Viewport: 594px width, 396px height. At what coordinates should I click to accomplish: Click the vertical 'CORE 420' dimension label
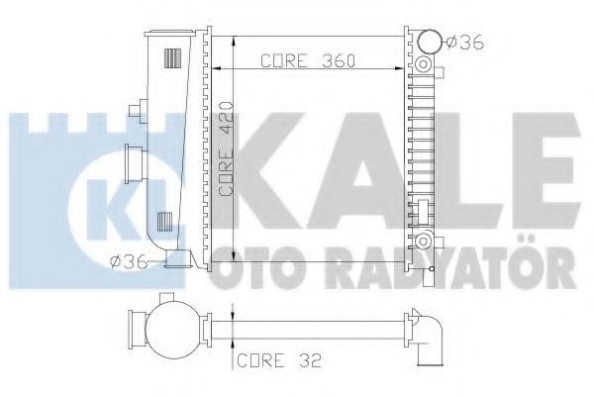click(x=226, y=158)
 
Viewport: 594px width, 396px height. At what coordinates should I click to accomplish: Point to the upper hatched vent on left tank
click(x=172, y=55)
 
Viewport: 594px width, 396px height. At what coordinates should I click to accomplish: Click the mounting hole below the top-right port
click(x=424, y=67)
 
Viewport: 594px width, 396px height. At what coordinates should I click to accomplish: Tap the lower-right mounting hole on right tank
click(x=424, y=241)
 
